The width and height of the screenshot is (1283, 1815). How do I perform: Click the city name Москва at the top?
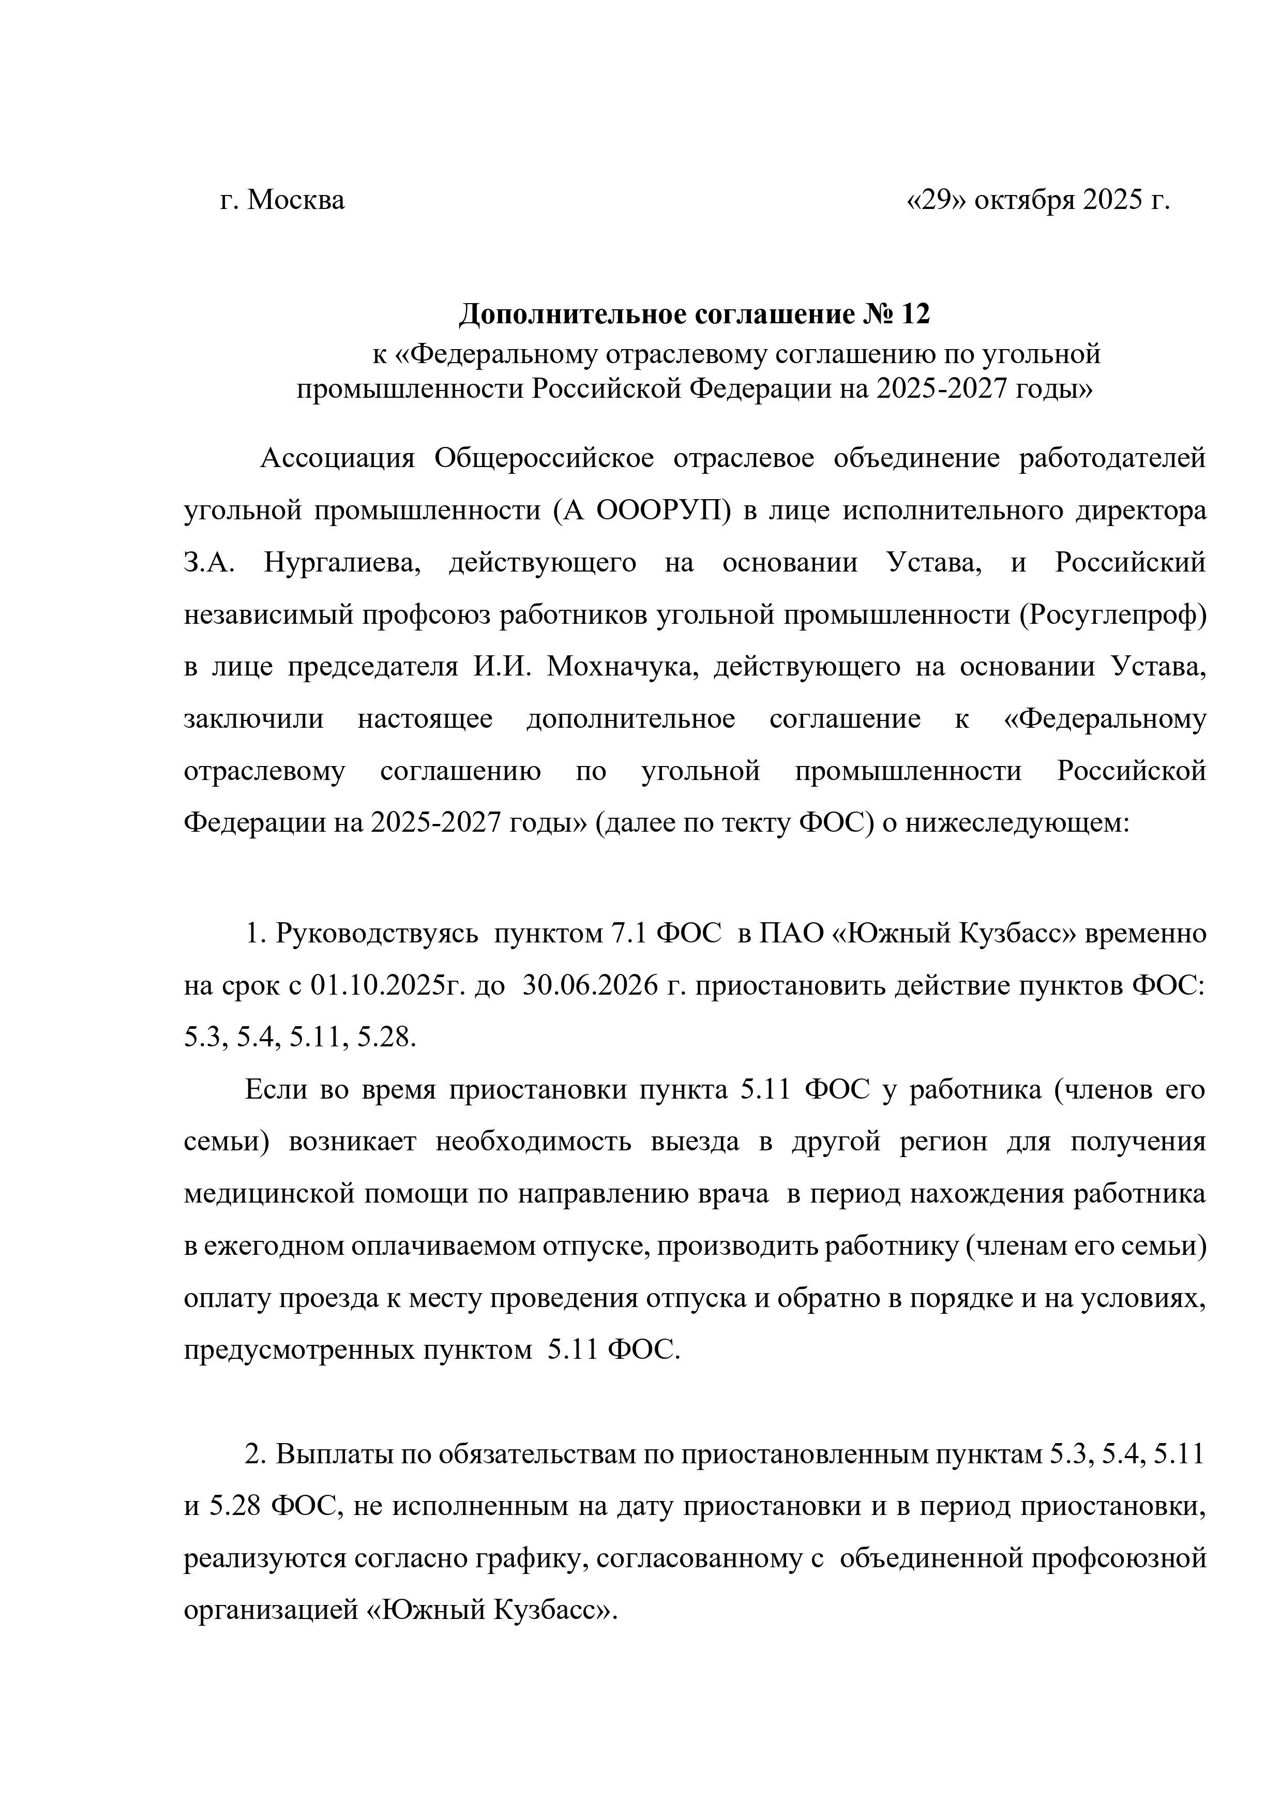coord(296,201)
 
